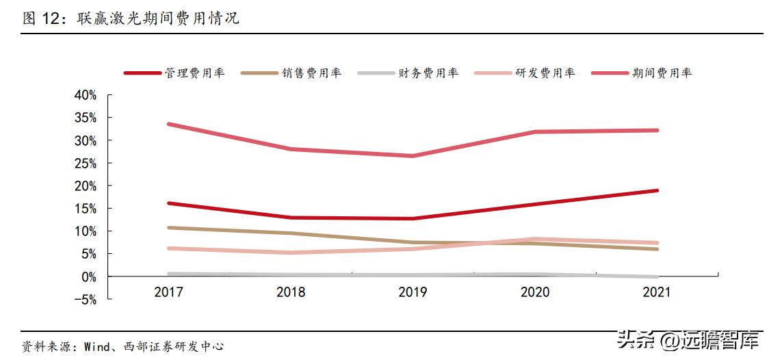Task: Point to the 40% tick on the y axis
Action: coord(86,95)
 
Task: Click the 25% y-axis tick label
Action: coord(86,163)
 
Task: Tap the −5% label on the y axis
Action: coord(86,299)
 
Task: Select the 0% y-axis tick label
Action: coord(89,277)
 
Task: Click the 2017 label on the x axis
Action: coord(168,293)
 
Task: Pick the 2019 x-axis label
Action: coord(413,293)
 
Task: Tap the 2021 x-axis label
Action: coord(657,293)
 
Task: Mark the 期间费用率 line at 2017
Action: coord(168,125)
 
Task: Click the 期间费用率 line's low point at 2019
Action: coord(413,156)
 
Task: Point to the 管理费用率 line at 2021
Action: coord(657,191)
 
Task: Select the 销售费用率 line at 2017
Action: coord(168,228)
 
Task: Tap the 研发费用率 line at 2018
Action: coord(291,253)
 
